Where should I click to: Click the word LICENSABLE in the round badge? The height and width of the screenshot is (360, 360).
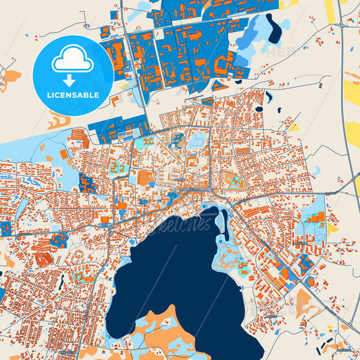pyautogui.click(x=73, y=95)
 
